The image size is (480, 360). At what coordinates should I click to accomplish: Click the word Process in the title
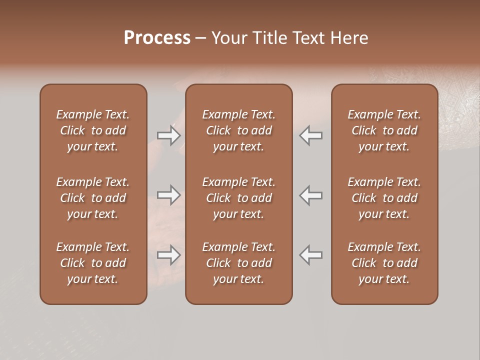pyautogui.click(x=157, y=37)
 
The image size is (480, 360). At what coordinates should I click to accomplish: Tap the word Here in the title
pyautogui.click(x=349, y=38)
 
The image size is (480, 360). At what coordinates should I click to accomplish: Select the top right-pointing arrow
pyautogui.click(x=169, y=135)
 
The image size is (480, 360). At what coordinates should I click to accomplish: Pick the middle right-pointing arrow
pyautogui.click(x=169, y=195)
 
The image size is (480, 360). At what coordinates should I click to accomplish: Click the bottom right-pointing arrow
pyautogui.click(x=169, y=255)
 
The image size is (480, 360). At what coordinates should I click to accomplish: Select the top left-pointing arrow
pyautogui.click(x=311, y=135)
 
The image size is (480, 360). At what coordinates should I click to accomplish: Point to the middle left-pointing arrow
pyautogui.click(x=311, y=195)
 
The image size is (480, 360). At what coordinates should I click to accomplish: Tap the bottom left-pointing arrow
pyautogui.click(x=311, y=255)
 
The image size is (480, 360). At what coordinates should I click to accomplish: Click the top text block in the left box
pyautogui.click(x=93, y=130)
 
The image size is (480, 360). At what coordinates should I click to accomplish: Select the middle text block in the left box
pyautogui.click(x=93, y=198)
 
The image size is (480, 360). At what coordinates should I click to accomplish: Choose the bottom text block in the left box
pyautogui.click(x=93, y=263)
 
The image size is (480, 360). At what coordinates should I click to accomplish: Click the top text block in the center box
pyautogui.click(x=239, y=130)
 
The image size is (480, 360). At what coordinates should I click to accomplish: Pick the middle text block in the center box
pyautogui.click(x=239, y=198)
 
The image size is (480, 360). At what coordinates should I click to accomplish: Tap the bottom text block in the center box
pyautogui.click(x=239, y=263)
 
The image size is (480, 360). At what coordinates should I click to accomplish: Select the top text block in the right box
pyautogui.click(x=384, y=130)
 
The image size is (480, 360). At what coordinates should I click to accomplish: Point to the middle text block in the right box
pyautogui.click(x=384, y=198)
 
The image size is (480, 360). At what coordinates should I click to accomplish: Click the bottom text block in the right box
pyautogui.click(x=384, y=263)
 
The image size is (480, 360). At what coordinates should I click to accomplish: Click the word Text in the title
pyautogui.click(x=308, y=38)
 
